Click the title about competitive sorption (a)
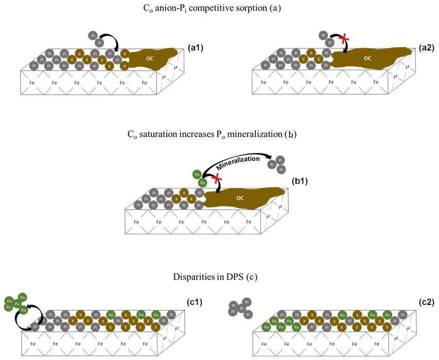tap(219, 8)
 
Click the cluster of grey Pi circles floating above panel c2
tap(241, 307)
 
